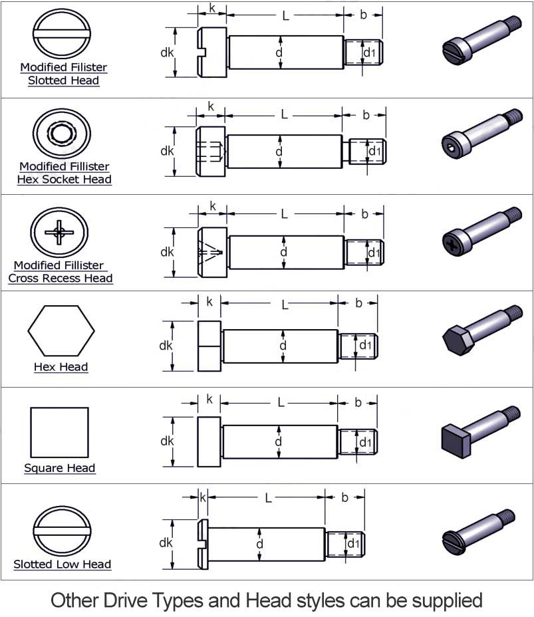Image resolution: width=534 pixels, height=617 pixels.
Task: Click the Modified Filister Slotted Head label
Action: (63, 74)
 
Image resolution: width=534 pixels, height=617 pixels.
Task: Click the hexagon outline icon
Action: (61, 331)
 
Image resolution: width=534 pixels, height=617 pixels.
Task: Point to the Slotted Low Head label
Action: (63, 564)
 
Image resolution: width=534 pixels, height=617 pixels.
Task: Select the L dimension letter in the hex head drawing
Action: (285, 305)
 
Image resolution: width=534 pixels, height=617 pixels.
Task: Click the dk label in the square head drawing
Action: (166, 441)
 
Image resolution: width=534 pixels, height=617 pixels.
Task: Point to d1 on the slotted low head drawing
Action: (352, 544)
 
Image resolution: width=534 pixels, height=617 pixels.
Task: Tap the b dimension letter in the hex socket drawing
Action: (366, 115)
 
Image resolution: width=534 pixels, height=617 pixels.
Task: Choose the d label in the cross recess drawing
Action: (283, 252)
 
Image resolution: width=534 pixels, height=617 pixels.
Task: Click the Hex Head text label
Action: (61, 367)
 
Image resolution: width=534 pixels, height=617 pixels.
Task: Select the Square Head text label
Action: (60, 468)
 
